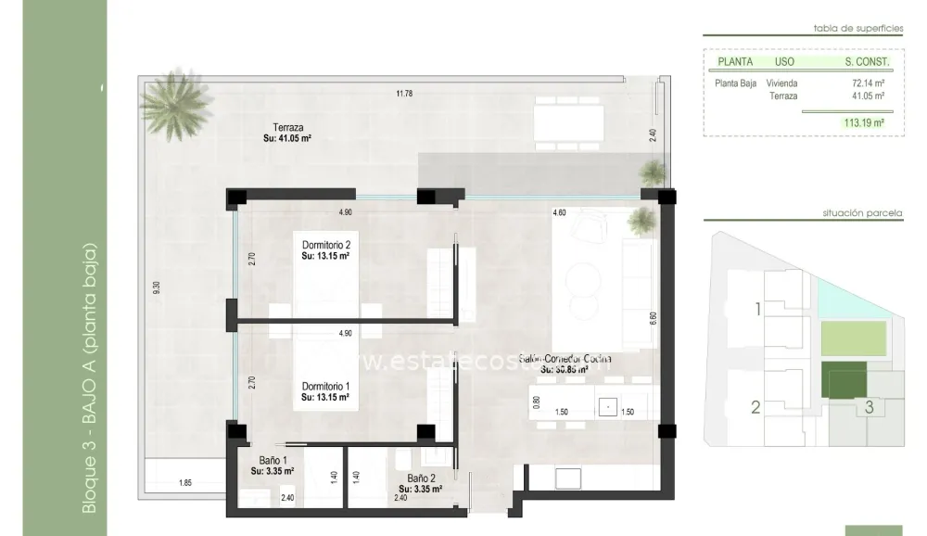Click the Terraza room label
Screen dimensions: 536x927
[x=288, y=128]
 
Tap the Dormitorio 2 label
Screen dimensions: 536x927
[x=325, y=245]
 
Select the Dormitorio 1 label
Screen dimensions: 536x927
[x=325, y=386]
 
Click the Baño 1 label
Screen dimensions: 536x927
[x=273, y=460]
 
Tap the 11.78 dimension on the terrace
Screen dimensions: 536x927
[x=403, y=93]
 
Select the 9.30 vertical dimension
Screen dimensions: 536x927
[x=157, y=288]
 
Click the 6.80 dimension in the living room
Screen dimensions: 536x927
[x=653, y=316]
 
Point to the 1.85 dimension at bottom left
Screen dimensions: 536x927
[x=184, y=483]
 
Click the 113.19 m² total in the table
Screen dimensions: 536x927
[x=863, y=121]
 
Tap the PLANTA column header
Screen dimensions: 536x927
[x=735, y=62]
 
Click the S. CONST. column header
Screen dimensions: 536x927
[x=867, y=62]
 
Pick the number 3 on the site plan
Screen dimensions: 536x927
[x=869, y=406]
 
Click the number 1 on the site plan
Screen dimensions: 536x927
[x=757, y=309]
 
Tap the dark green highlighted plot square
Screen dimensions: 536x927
[x=843, y=379]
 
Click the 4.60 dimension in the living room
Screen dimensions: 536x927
[x=559, y=212]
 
